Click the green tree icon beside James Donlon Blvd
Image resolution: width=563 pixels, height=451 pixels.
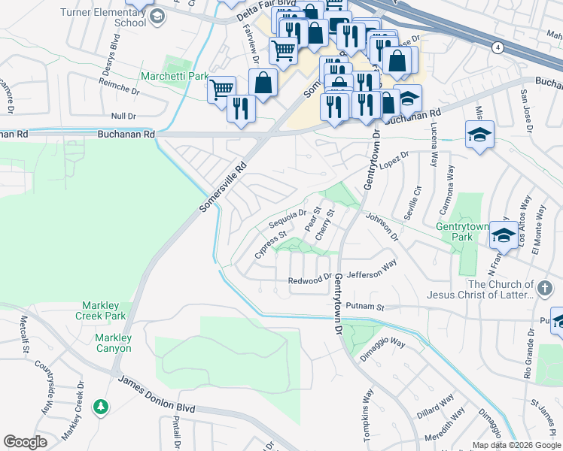(x=100, y=407)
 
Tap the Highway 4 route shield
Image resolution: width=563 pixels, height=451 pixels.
(x=498, y=47)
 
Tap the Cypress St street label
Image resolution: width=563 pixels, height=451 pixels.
(x=271, y=244)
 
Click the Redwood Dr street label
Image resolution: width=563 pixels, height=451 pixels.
(x=310, y=280)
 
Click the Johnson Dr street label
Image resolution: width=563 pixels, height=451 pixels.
(x=382, y=226)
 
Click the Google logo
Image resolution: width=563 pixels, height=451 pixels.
(x=26, y=442)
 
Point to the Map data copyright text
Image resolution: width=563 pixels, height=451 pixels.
(x=516, y=445)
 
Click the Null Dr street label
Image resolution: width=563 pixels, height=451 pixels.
(x=123, y=116)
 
